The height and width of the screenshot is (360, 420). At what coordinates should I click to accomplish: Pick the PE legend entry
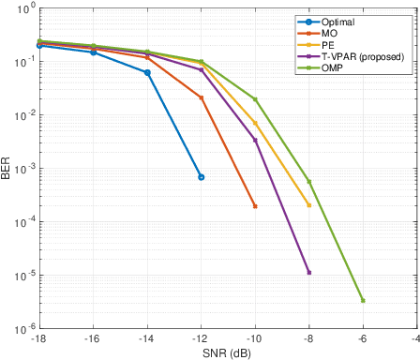click(x=328, y=44)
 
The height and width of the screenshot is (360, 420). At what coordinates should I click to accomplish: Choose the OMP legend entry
click(x=333, y=67)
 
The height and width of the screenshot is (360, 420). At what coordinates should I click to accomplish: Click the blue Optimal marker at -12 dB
click(x=201, y=177)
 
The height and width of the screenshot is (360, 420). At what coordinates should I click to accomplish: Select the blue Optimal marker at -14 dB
click(x=147, y=72)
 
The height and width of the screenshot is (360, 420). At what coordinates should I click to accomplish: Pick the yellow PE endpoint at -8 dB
click(x=308, y=205)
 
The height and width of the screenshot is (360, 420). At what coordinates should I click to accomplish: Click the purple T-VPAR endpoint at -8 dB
click(x=308, y=273)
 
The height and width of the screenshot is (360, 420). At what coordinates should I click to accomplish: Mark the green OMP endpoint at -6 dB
click(x=363, y=301)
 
